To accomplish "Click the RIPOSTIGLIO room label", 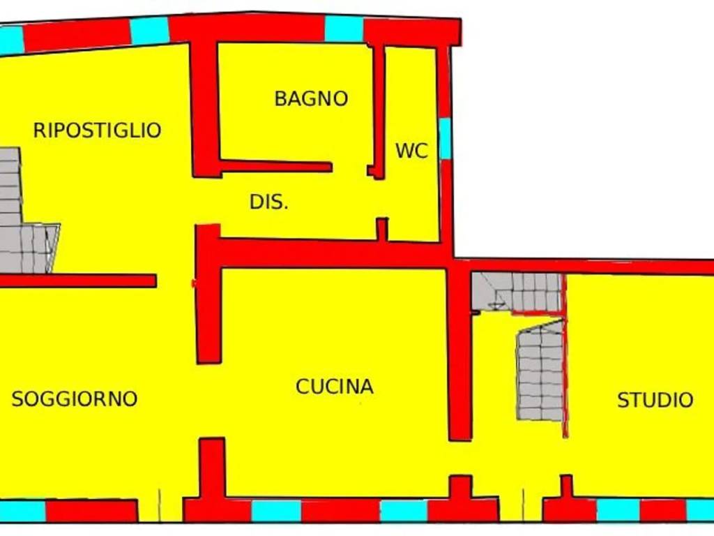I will click(97, 131).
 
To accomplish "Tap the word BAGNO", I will click(311, 98).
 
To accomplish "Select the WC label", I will click(411, 151).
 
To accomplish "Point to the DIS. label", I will click(269, 202).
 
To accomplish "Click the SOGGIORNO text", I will click(75, 399).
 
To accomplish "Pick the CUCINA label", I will click(335, 387).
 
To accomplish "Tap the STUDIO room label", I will click(655, 400).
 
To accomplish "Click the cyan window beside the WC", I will click(444, 138).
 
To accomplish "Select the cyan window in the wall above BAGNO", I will click(344, 29).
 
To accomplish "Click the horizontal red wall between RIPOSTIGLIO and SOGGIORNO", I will click(77, 281).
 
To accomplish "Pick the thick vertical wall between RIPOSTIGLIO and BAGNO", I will click(205, 108).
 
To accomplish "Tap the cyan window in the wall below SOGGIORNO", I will click(22, 511).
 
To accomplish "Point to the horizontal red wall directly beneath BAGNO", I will click(275, 166).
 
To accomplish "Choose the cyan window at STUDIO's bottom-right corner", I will click(700, 510).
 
